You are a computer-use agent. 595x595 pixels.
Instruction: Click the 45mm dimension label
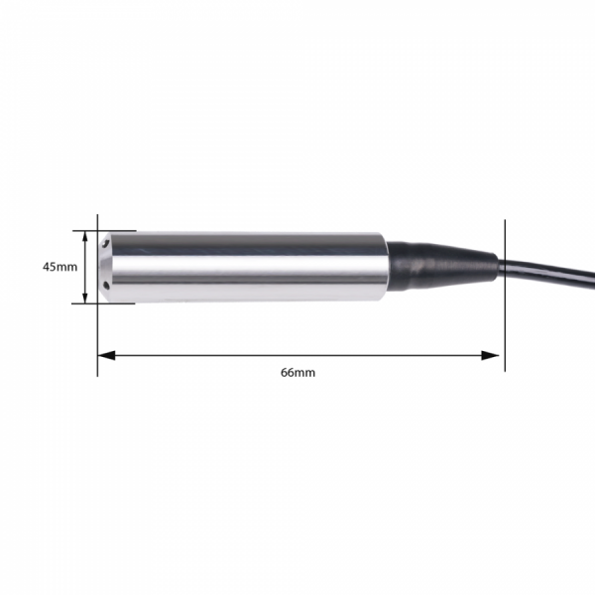pyautogui.click(x=59, y=267)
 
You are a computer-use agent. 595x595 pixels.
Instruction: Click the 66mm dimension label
pyautogui.click(x=297, y=373)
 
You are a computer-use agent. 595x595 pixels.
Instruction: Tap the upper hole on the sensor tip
pyautogui.click(x=106, y=243)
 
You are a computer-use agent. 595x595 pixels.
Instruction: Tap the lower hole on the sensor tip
pyautogui.click(x=107, y=286)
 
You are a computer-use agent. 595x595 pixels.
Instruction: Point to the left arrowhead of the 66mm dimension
pyautogui.click(x=107, y=356)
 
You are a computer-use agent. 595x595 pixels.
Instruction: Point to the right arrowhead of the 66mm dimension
pyautogui.click(x=490, y=356)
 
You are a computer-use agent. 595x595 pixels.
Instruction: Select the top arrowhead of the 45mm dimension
pyautogui.click(x=85, y=237)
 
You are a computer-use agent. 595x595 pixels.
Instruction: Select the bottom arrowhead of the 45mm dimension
pyautogui.click(x=85, y=297)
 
